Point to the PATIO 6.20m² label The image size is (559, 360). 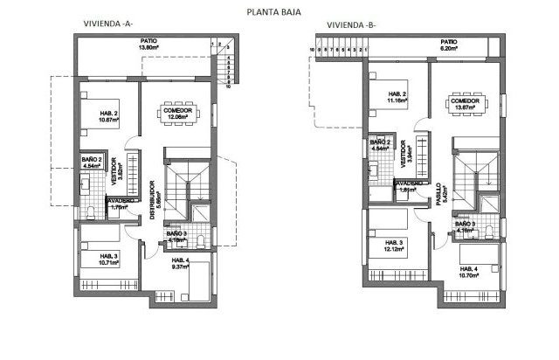click(448, 45)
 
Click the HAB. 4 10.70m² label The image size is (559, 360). click(470, 272)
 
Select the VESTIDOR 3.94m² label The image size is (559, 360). click(404, 155)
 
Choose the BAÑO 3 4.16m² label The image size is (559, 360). click(464, 229)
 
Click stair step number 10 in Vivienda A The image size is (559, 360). click(228, 88)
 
